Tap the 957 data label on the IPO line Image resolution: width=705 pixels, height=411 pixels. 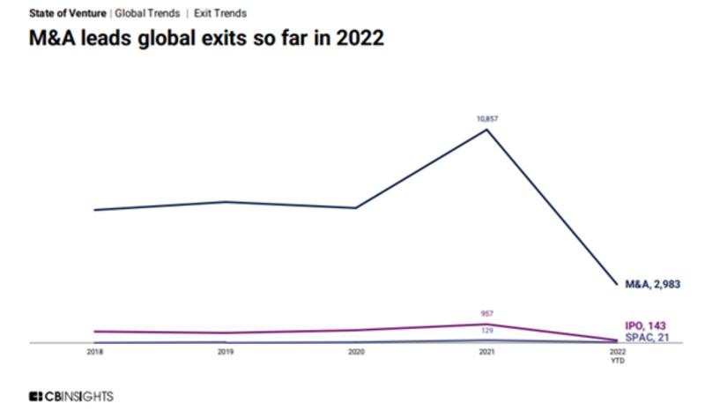click(x=486, y=314)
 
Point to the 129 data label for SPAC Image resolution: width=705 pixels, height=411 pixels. click(x=486, y=331)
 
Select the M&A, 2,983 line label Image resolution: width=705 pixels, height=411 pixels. click(x=653, y=284)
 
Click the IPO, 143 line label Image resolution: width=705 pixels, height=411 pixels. click(x=645, y=326)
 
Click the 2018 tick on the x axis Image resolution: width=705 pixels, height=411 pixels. click(x=94, y=352)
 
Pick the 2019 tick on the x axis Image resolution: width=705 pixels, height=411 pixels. click(x=226, y=352)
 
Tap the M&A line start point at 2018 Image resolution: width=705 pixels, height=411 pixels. click(x=94, y=210)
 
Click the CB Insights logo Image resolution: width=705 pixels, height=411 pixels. click(x=71, y=397)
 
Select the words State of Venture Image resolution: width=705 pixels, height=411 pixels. click(x=68, y=13)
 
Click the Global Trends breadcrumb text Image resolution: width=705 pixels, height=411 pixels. click(x=147, y=13)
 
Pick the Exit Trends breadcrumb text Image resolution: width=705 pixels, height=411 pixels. click(x=220, y=13)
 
